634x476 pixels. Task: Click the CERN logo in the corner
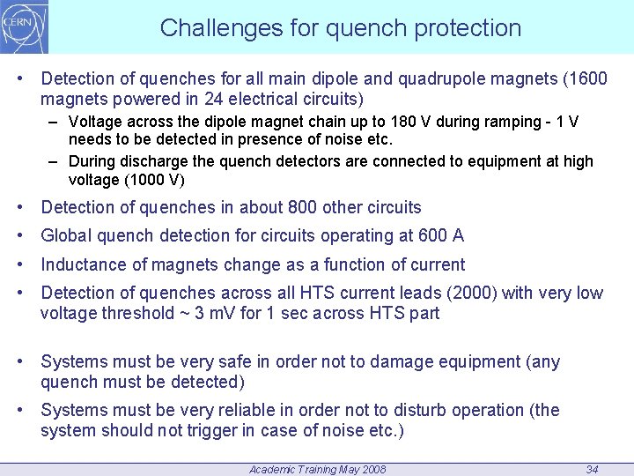25,26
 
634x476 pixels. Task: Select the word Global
66,235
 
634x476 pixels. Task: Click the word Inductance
80,264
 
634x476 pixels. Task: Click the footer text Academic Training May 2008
317,469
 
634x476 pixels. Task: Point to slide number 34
592,469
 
